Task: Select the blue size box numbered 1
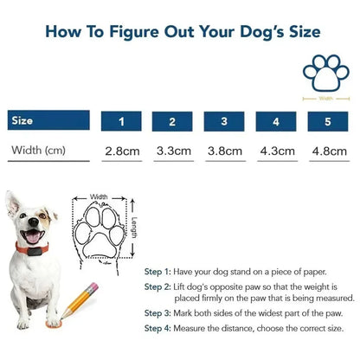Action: (122, 121)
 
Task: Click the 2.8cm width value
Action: (122, 151)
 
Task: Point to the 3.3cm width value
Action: (174, 151)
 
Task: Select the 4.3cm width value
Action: (278, 151)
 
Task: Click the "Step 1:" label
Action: (158, 270)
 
